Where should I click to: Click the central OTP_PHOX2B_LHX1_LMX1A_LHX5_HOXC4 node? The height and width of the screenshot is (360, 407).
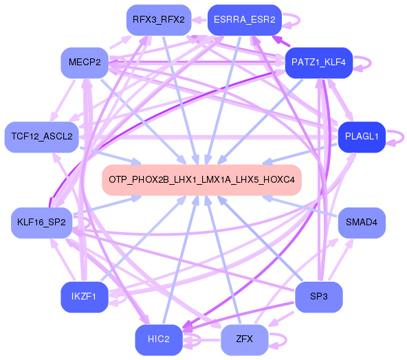click(x=202, y=180)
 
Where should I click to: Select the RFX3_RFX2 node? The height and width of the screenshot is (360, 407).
click(x=158, y=19)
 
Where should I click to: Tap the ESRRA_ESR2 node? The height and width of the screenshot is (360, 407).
click(x=244, y=19)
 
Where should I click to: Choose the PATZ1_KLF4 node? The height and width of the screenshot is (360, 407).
click(x=318, y=63)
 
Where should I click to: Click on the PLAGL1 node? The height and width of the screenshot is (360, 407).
click(x=362, y=137)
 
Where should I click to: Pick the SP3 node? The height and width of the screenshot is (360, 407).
click(x=318, y=297)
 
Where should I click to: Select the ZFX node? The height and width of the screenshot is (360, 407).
click(x=244, y=339)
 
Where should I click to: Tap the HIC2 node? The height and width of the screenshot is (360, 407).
click(x=158, y=339)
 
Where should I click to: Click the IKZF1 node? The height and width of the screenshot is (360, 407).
click(x=84, y=297)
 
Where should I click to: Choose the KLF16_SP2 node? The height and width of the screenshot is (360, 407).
click(x=41, y=223)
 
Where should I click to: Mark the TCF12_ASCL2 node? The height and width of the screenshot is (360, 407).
click(x=41, y=137)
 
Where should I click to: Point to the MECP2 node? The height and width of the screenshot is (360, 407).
click(x=84, y=63)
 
